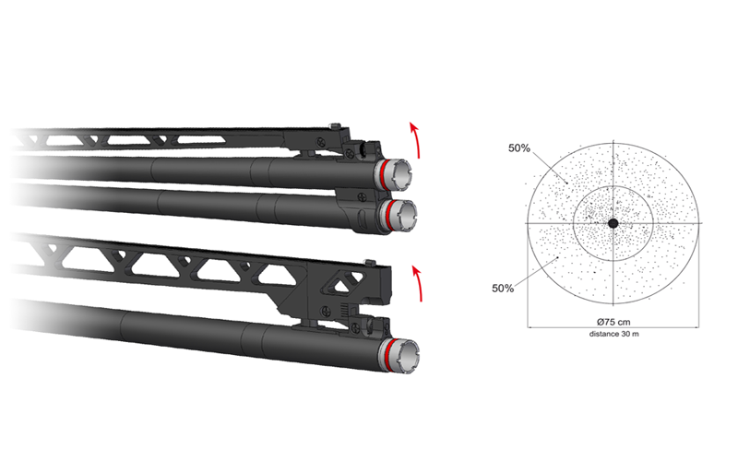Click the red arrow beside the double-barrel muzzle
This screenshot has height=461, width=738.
coord(415,140)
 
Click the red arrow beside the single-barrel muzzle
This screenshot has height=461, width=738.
coord(418,283)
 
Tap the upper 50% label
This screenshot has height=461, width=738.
coord(519,148)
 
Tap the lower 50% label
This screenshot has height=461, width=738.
coord(503,289)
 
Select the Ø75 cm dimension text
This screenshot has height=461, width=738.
coord(613,322)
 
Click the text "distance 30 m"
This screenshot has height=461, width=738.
coord(613,334)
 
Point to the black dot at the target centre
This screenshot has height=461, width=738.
coord(613,223)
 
